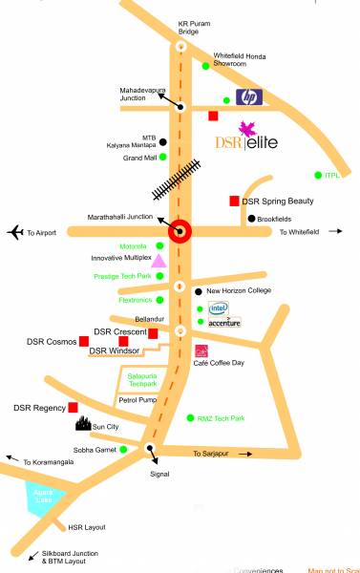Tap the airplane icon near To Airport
pyautogui.click(x=14, y=232)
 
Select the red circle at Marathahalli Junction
pyautogui.click(x=180, y=230)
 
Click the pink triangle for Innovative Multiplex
pyautogui.click(x=160, y=260)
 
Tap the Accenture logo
pyautogui.click(x=225, y=323)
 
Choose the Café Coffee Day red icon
pyautogui.click(x=201, y=350)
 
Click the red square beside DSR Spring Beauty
pyautogui.click(x=234, y=201)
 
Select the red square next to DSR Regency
pyautogui.click(x=74, y=408)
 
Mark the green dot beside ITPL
pyautogui.click(x=318, y=175)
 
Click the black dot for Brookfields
pyautogui.click(x=251, y=219)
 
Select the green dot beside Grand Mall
pyautogui.click(x=162, y=157)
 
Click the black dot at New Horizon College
pyautogui.click(x=199, y=290)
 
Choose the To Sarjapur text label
pyautogui.click(x=212, y=453)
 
